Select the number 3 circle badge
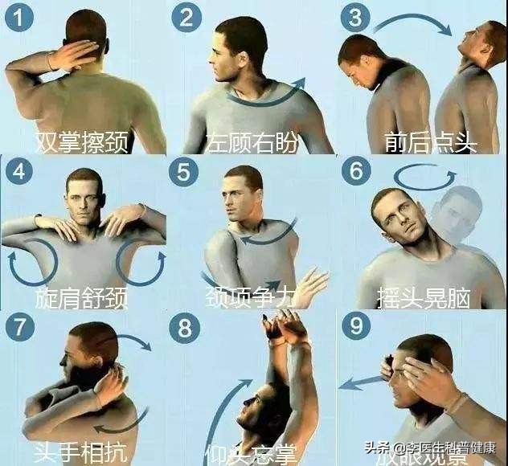355,18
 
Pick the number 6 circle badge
355,172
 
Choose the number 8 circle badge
186,327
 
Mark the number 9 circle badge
355,327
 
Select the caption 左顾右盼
252,142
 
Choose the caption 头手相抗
82,450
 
